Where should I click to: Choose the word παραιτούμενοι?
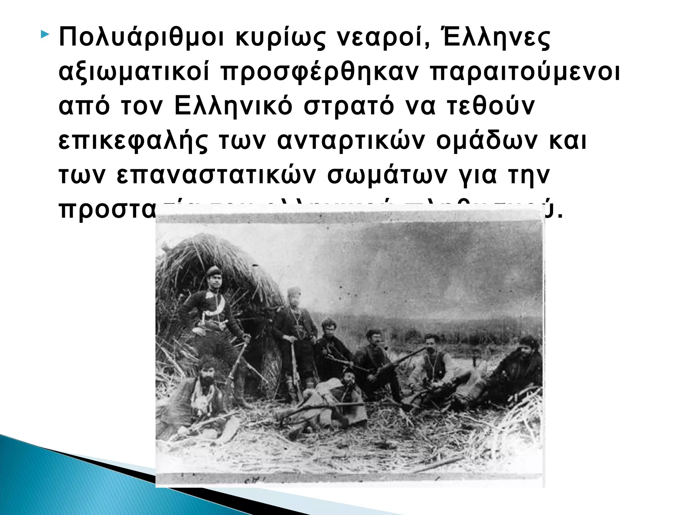[x=525, y=72]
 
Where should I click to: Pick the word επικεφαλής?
[x=133, y=141]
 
